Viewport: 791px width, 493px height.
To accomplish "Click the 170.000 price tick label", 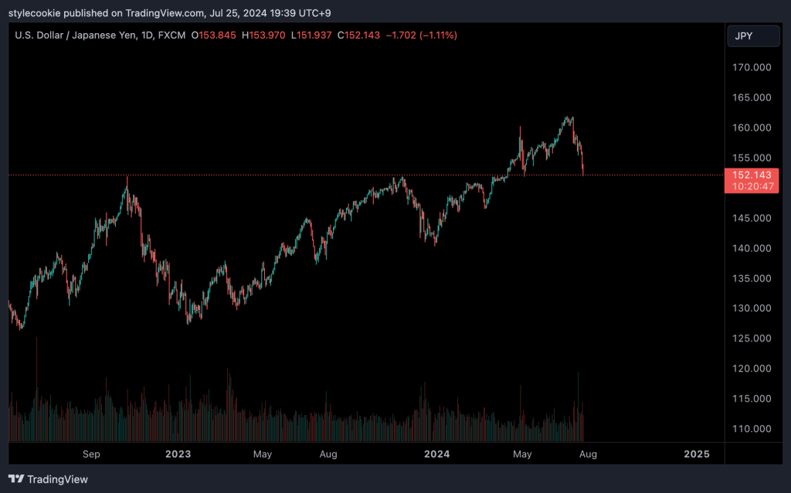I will (752, 67).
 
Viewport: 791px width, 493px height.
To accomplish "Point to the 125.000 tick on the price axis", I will (752, 338).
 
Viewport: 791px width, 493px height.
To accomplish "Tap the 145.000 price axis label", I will (752, 218).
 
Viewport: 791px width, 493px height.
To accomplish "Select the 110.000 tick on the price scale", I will (752, 429).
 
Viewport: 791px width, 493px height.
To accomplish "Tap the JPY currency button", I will (744, 36).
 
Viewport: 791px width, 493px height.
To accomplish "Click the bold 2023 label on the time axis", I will (178, 454).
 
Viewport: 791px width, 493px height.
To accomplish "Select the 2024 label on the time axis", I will (438, 454).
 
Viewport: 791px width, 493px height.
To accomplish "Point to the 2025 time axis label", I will (697, 454).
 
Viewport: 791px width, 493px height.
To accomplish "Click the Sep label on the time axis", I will (92, 454).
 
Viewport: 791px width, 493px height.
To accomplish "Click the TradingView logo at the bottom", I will (49, 479).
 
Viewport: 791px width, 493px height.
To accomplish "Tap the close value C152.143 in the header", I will (358, 36).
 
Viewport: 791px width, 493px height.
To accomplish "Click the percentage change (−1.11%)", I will (438, 36).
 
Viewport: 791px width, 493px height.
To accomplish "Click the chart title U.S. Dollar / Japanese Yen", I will (77, 36).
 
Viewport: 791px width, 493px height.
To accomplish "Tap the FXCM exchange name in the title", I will (173, 36).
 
